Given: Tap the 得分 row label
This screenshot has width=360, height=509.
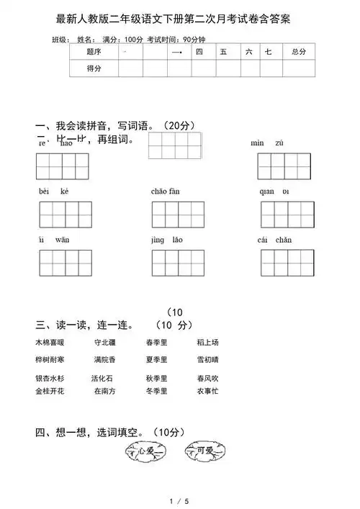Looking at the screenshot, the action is (94, 68).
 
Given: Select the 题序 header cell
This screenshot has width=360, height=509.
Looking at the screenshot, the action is (94, 52).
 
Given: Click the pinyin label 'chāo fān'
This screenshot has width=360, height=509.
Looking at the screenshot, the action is (166, 192).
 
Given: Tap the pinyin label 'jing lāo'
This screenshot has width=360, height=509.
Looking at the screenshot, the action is (167, 240).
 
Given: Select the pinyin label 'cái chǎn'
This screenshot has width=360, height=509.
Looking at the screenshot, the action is (274, 240).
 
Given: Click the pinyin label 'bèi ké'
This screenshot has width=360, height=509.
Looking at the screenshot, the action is (54, 192).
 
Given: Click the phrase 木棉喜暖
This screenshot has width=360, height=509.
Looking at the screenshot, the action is (50, 342).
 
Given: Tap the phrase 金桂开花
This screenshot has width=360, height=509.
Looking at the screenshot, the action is (50, 391).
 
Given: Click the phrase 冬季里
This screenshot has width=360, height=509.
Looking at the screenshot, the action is (156, 391).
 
